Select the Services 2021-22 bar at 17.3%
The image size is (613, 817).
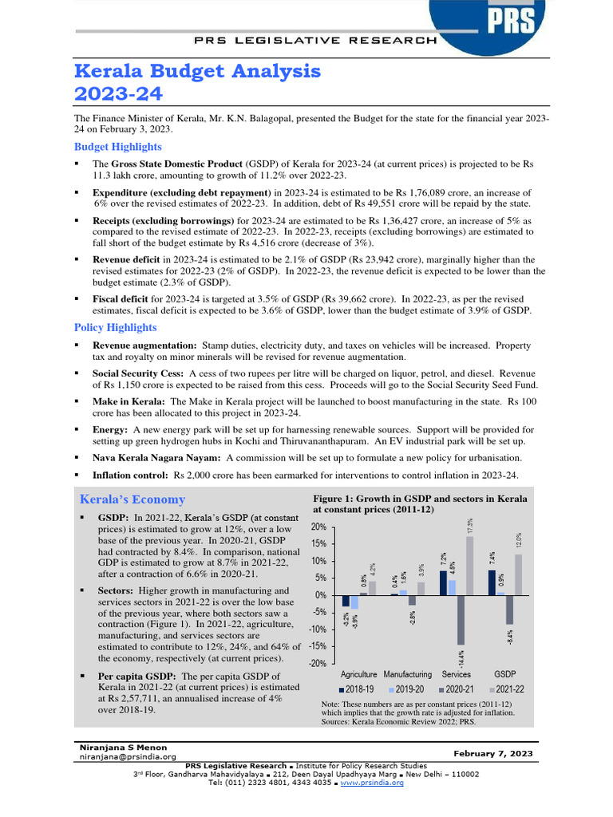[469, 566]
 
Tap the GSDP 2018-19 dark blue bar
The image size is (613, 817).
[492, 582]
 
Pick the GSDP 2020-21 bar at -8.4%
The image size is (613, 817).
[509, 610]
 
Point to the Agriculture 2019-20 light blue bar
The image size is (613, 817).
[354, 602]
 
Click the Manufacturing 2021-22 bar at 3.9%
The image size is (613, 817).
[421, 588]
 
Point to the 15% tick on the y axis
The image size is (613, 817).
[318, 543]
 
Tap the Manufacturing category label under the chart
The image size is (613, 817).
[408, 674]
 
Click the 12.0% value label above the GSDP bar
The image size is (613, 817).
[519, 541]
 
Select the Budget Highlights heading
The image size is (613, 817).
[117, 147]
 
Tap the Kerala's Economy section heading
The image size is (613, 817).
[132, 499]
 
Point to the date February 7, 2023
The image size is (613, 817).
[494, 753]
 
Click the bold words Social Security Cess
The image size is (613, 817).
[136, 373]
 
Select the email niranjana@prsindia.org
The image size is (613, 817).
[127, 756]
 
